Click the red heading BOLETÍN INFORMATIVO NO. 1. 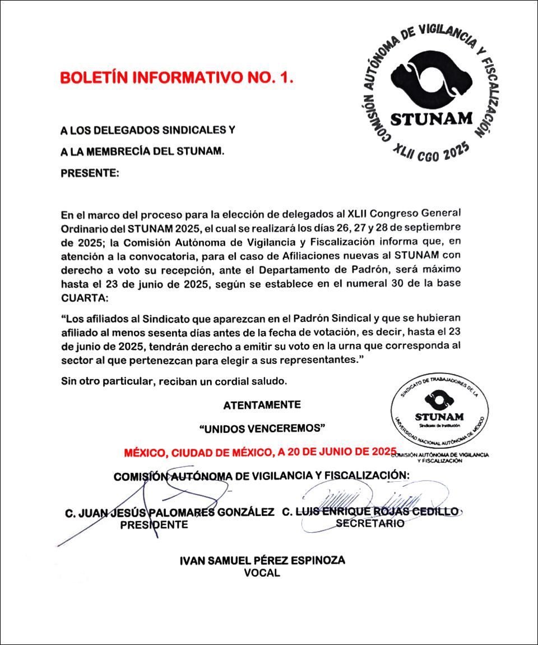coord(177,78)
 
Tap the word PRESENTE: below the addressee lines coord(90,173)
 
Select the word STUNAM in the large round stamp coord(432,119)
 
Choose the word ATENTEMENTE coord(262,405)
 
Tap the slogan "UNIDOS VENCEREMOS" coord(262,429)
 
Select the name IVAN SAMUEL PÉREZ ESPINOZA coord(262,560)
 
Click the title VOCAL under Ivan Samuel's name coord(262,573)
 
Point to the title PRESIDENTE coord(154,525)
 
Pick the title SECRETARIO coord(370,523)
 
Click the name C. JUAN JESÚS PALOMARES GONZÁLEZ coord(170,512)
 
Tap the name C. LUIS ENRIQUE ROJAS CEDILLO coord(370,512)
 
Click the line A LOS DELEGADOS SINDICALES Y coord(147,130)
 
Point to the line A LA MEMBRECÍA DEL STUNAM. coord(142,151)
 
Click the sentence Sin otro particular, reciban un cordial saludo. coord(174,381)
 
